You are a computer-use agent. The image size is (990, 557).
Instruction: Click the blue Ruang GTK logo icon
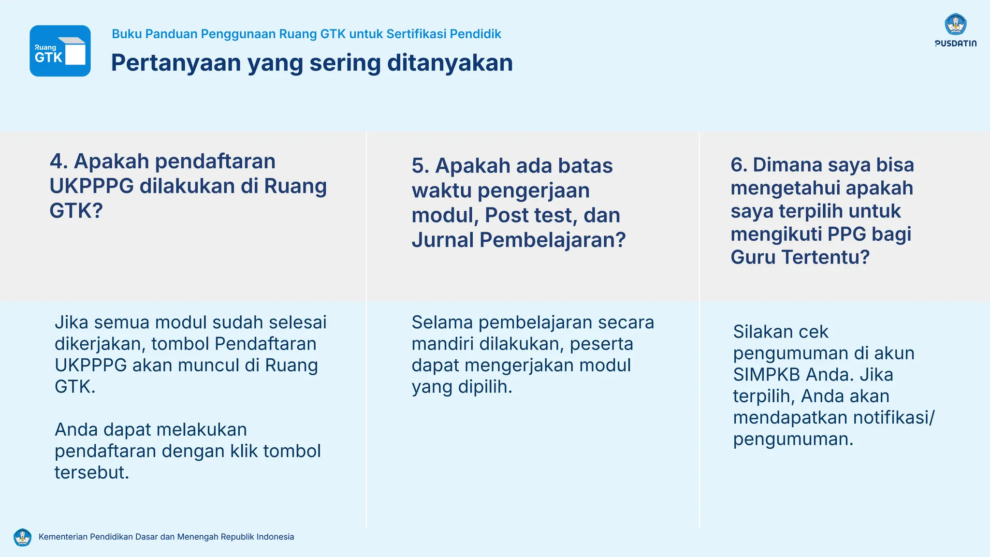tap(60, 51)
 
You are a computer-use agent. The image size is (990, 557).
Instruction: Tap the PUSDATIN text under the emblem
tap(955, 44)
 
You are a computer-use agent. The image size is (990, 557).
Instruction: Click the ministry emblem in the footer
tap(22, 537)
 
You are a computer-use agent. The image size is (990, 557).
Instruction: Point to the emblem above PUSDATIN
tap(955, 24)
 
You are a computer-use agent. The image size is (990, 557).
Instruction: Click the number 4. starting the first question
tap(58, 161)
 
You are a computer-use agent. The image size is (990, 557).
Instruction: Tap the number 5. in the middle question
tap(420, 166)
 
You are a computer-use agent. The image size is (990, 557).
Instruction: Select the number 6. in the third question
tap(739, 165)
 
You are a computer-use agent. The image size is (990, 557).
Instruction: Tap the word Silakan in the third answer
tap(761, 332)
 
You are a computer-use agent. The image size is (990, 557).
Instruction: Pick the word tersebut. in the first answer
tap(92, 472)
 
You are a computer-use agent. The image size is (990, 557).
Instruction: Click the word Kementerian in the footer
tap(62, 537)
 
